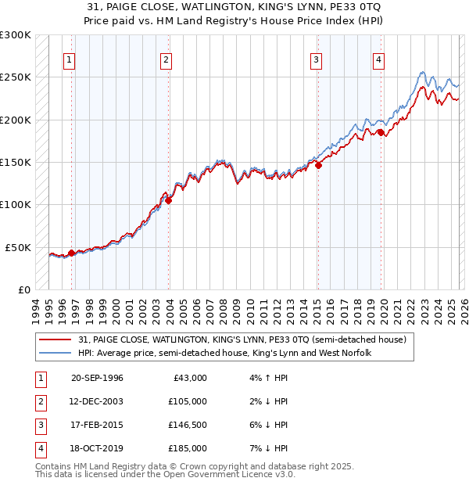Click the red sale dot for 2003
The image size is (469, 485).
(169, 200)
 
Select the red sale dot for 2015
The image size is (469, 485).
(318, 165)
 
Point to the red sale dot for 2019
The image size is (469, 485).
(381, 132)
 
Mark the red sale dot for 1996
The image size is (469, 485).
(71, 253)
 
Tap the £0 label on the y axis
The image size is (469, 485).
(23, 289)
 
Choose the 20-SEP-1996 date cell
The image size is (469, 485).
(97, 378)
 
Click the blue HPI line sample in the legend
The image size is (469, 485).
(56, 353)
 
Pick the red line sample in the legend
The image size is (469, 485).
(56, 340)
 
